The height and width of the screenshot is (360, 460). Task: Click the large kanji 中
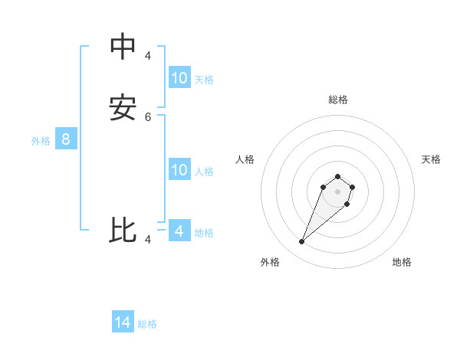pos(123,47)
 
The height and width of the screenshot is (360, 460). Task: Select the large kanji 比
pos(123,231)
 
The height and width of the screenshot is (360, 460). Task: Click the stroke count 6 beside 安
pos(148,116)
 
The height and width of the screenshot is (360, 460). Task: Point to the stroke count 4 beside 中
pos(148,55)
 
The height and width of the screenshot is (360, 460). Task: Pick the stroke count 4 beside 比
pos(148,240)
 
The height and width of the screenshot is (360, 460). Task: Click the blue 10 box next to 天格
pos(179,78)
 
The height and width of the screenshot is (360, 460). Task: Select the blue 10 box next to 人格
pos(179,170)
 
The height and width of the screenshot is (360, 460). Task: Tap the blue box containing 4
pos(179,231)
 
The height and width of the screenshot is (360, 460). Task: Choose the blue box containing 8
pos(66,139)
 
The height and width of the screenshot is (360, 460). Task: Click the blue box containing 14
pos(123,322)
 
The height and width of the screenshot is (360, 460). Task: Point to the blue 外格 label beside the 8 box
pos(41,141)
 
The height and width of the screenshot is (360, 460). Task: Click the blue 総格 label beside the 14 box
pos(147,324)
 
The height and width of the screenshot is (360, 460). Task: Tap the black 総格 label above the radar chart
pos(338,100)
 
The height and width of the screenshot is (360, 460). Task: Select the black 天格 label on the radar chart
pos(431,159)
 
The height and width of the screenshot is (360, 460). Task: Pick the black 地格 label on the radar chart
pos(402,262)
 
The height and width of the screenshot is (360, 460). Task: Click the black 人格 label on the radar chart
pos(245,159)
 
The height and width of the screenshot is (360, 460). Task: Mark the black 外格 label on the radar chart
pos(270,262)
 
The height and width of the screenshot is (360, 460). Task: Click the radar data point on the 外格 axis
pos(302,242)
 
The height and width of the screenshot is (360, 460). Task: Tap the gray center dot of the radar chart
pos(337,191)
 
